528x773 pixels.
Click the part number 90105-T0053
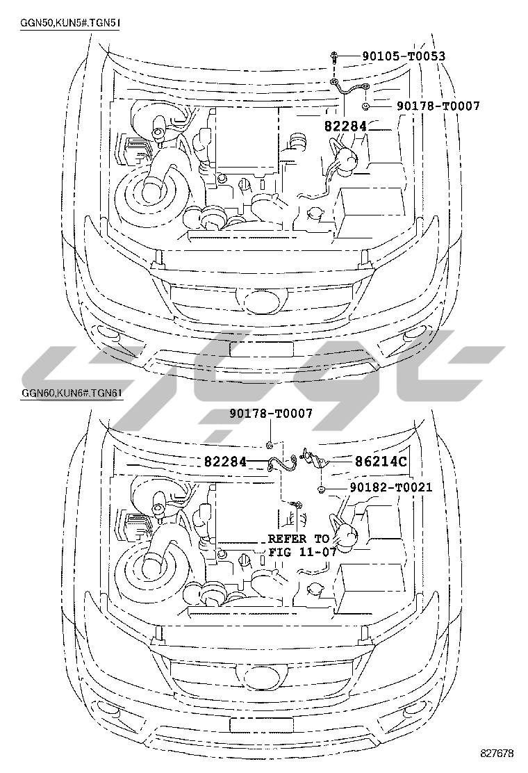point(404,56)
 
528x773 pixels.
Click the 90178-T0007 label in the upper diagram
point(438,106)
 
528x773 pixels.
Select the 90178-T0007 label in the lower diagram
point(270,414)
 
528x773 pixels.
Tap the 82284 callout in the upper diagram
point(345,127)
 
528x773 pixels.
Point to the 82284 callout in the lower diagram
point(225,462)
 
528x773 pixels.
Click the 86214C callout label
point(381,462)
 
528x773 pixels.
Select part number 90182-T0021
point(391,487)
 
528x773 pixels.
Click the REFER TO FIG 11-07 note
point(302,545)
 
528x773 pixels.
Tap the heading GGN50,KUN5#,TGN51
point(69,23)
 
